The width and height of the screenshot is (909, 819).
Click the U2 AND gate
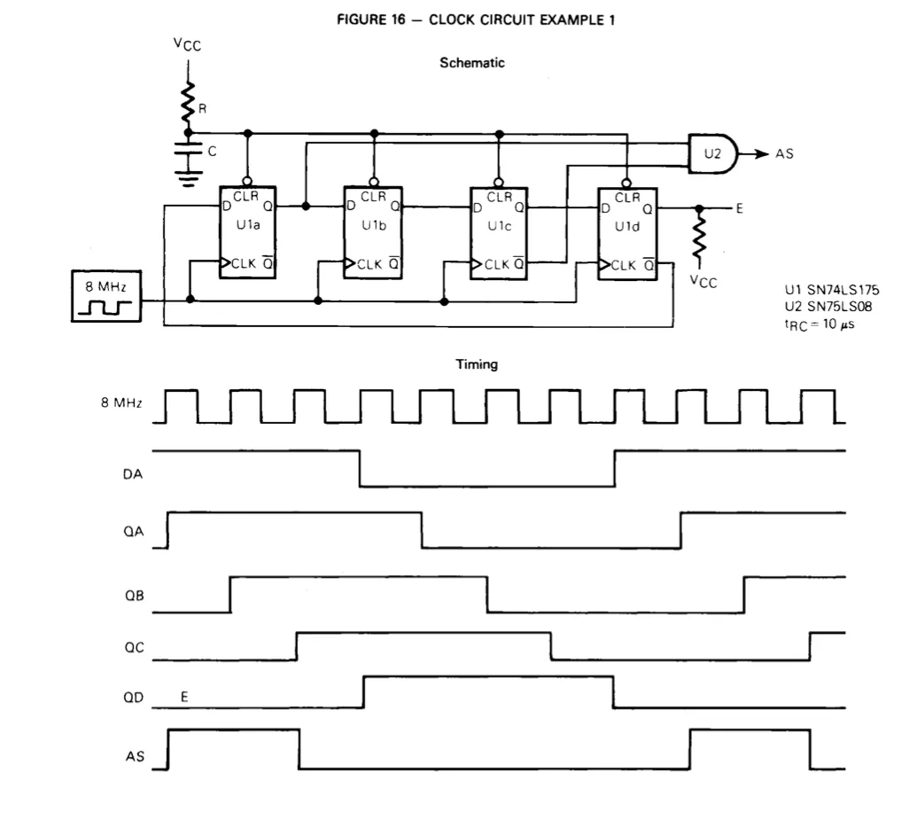pyautogui.click(x=712, y=153)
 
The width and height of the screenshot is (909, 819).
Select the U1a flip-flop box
pyautogui.click(x=247, y=232)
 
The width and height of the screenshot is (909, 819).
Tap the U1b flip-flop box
pyautogui.click(x=373, y=232)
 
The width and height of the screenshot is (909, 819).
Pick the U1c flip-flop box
pyautogui.click(x=499, y=233)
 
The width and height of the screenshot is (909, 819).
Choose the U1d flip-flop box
pyautogui.click(x=627, y=234)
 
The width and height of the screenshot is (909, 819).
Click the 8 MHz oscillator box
pyautogui.click(x=106, y=296)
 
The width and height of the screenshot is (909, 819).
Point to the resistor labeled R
pyautogui.click(x=188, y=103)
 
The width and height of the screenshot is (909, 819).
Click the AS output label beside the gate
pyautogui.click(x=784, y=153)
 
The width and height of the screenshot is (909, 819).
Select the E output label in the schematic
pyautogui.click(x=739, y=208)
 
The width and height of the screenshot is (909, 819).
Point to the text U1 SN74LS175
pyautogui.click(x=832, y=290)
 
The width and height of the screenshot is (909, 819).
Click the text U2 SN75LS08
pyautogui.click(x=828, y=307)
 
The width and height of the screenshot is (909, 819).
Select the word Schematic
pyautogui.click(x=472, y=63)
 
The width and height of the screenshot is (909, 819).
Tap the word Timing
pyautogui.click(x=477, y=364)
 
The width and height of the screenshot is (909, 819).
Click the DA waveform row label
pyautogui.click(x=133, y=474)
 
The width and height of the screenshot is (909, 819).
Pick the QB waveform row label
pyautogui.click(x=134, y=596)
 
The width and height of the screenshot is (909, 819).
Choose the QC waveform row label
pyautogui.click(x=134, y=647)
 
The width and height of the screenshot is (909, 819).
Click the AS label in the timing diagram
pyautogui.click(x=135, y=756)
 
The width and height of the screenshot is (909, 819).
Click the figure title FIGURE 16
pyautogui.click(x=371, y=19)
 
